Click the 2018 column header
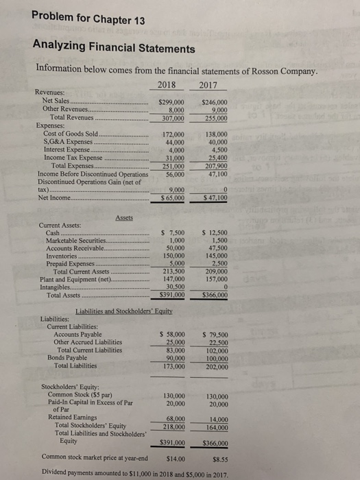(x=167, y=86)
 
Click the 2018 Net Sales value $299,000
(x=173, y=103)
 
